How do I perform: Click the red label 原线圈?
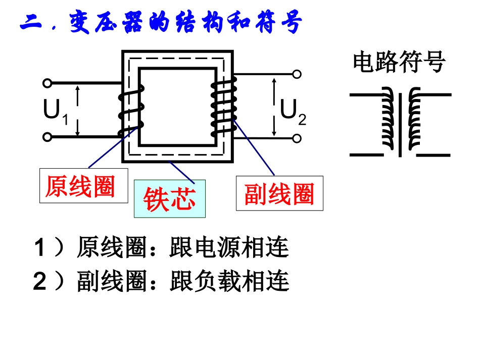click(x=80, y=186)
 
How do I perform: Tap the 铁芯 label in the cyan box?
click(x=169, y=199)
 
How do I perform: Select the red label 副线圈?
click(x=279, y=193)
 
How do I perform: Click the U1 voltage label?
click(x=56, y=112)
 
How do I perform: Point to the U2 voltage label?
click(x=293, y=112)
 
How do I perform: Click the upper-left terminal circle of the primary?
click(x=47, y=83)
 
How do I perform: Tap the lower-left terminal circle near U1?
click(x=47, y=137)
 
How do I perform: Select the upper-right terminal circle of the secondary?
click(x=297, y=74)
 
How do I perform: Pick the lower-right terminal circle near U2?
click(x=297, y=138)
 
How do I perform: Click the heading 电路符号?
click(x=399, y=62)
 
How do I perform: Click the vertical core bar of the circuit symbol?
click(x=400, y=125)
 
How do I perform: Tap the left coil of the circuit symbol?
click(x=388, y=118)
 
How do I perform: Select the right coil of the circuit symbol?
click(x=414, y=118)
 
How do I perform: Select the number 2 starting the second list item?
click(x=40, y=281)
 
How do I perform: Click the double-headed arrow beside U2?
click(x=274, y=107)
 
